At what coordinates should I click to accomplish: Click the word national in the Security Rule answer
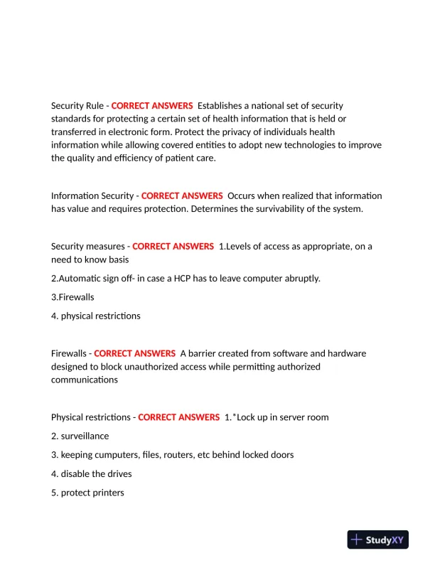(x=268, y=106)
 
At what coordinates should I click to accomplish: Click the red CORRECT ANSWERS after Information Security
(x=182, y=195)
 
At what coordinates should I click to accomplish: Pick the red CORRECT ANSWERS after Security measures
(x=173, y=247)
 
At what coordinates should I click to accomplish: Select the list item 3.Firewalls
(x=72, y=296)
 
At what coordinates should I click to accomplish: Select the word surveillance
(x=85, y=436)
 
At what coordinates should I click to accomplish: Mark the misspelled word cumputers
(x=116, y=455)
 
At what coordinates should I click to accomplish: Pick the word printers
(x=107, y=493)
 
